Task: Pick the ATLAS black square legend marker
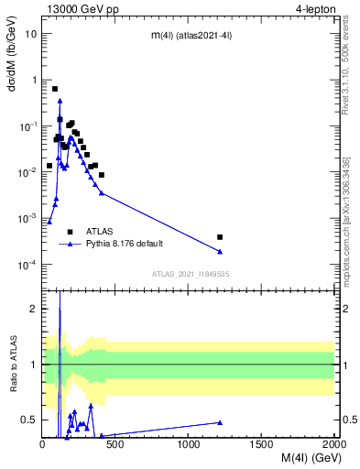coord(70,232)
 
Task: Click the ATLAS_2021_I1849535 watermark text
coord(190,274)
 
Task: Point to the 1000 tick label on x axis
coord(189,445)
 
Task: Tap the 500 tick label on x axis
coord(115,445)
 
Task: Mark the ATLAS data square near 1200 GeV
coord(220,237)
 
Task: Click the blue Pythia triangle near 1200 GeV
coord(220,252)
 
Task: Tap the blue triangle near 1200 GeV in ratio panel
coord(220,422)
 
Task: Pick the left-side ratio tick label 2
coord(34,309)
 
